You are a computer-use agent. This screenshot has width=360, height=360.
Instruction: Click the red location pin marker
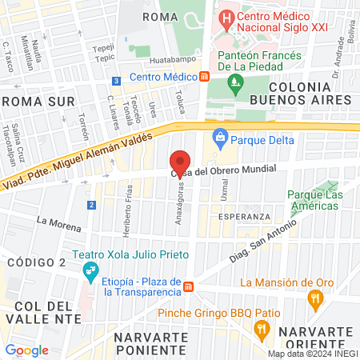181,161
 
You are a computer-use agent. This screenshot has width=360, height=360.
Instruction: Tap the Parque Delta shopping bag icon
221,135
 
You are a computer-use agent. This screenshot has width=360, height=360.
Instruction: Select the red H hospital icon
228,17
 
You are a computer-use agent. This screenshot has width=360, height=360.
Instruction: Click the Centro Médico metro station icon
205,77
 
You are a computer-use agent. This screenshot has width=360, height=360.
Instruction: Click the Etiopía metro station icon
188,286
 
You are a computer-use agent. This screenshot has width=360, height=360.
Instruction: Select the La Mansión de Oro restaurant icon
315,298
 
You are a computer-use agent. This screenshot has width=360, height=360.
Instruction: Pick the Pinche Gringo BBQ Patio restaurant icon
261,328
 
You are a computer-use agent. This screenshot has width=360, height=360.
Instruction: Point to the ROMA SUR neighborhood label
39,102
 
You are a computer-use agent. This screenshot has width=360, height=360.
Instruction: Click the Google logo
26,350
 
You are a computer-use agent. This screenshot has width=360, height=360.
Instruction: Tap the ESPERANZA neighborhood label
244,217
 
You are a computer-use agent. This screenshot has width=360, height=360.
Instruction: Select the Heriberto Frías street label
127,204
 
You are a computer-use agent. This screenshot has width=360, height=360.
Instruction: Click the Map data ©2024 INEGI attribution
312,354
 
